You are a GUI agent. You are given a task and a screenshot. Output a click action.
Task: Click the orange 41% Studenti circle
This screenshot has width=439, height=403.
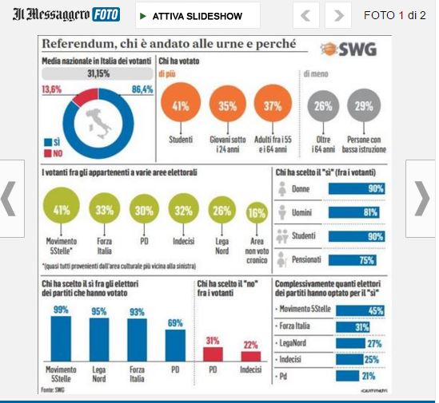pos(180,106)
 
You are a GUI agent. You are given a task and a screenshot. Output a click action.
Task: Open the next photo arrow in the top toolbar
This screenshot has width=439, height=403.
pos(338,15)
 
